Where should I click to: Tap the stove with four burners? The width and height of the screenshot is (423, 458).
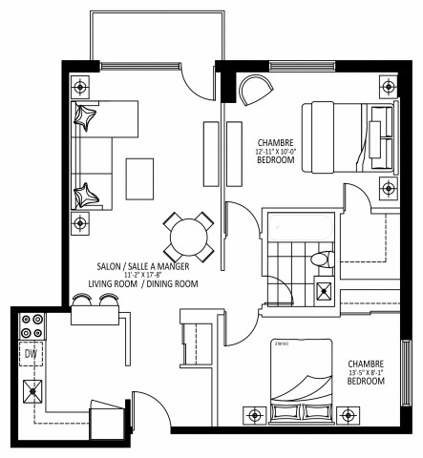click(30, 326)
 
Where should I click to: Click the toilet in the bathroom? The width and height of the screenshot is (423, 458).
click(321, 259)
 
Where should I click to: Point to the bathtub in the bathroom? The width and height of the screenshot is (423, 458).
click(299, 229)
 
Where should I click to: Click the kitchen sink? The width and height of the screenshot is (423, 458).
click(33, 389)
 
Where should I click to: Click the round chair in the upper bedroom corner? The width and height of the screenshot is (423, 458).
click(254, 90)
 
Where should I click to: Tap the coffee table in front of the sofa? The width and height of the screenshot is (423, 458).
click(139, 176)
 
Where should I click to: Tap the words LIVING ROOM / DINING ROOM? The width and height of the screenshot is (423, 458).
click(143, 284)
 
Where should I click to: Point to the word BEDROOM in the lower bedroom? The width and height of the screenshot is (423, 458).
click(366, 382)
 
